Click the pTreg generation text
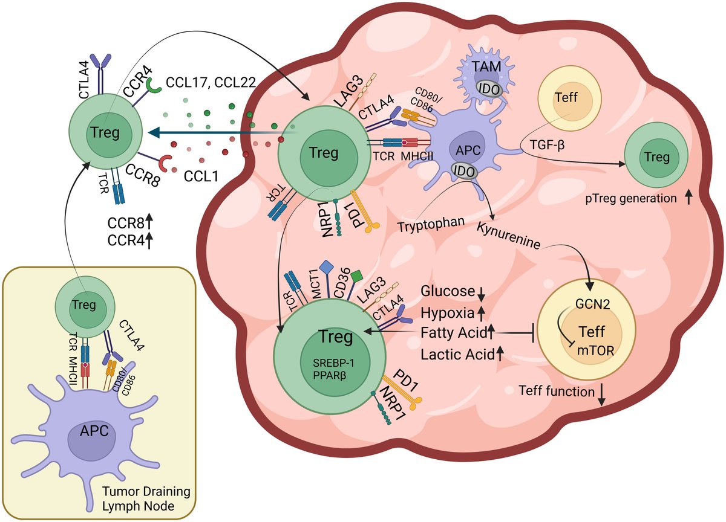[635, 198]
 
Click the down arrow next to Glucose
[481, 293]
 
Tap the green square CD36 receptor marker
[357, 276]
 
